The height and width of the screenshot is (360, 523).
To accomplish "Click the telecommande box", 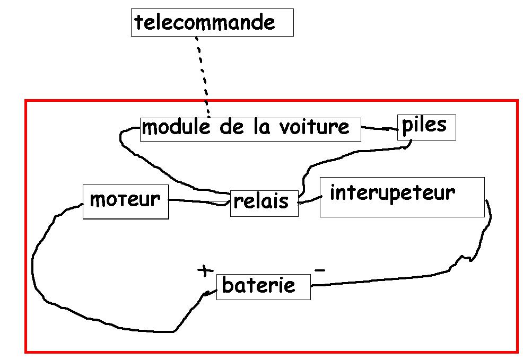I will [x=212, y=23].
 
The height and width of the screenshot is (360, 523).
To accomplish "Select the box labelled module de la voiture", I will [x=250, y=129].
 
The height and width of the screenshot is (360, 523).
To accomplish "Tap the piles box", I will [x=426, y=127].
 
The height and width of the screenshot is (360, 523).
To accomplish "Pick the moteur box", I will [x=125, y=201].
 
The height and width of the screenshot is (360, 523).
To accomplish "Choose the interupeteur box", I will [x=402, y=197].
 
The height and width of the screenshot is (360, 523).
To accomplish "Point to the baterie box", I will [x=263, y=286].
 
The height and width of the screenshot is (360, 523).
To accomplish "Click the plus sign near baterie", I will [x=204, y=270].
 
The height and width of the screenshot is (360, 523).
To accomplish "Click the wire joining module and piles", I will [x=379, y=128].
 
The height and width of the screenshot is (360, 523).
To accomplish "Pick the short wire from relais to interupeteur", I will [x=310, y=200].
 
